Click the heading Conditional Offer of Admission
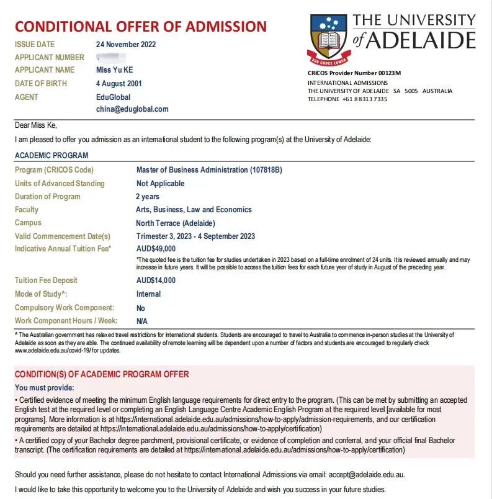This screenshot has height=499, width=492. tap(141, 27)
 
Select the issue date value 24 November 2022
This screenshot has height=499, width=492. tap(126, 45)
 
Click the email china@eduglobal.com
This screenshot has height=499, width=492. tap(132, 109)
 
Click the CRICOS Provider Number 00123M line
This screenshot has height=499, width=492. tap(354, 73)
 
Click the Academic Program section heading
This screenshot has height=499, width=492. tap(51, 156)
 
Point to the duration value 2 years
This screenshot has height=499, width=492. tap(148, 197)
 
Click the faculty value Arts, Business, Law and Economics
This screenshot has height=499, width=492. tap(194, 210)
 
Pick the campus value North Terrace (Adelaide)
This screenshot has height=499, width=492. tap(176, 223)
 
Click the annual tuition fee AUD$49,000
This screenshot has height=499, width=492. tap(156, 249)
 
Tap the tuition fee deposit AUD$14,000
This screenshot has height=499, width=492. tap(156, 281)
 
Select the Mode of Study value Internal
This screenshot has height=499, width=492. tap(148, 294)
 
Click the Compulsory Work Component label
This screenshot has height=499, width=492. tap(65, 308)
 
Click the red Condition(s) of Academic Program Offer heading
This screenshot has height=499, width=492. tap(102, 374)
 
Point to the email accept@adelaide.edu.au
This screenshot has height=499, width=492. tap(367, 474)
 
